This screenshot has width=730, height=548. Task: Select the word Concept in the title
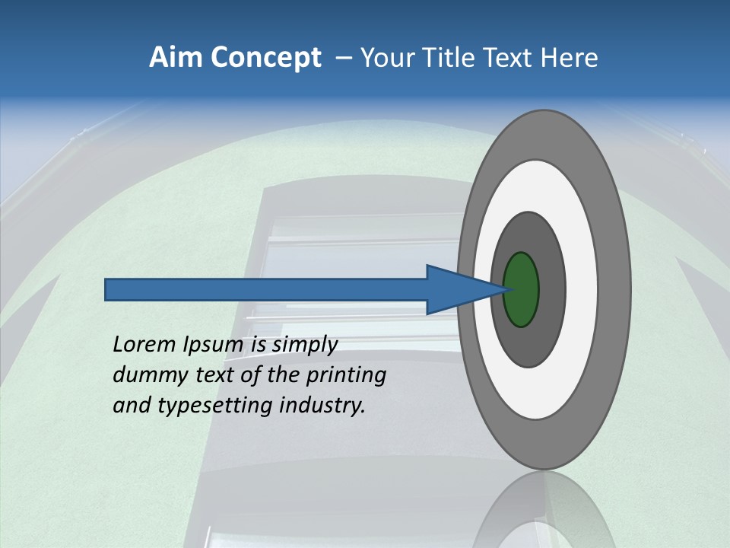coord(265,58)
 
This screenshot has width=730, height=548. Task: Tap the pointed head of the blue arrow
coord(487,290)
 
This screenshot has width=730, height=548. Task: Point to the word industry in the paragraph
coord(322,406)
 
